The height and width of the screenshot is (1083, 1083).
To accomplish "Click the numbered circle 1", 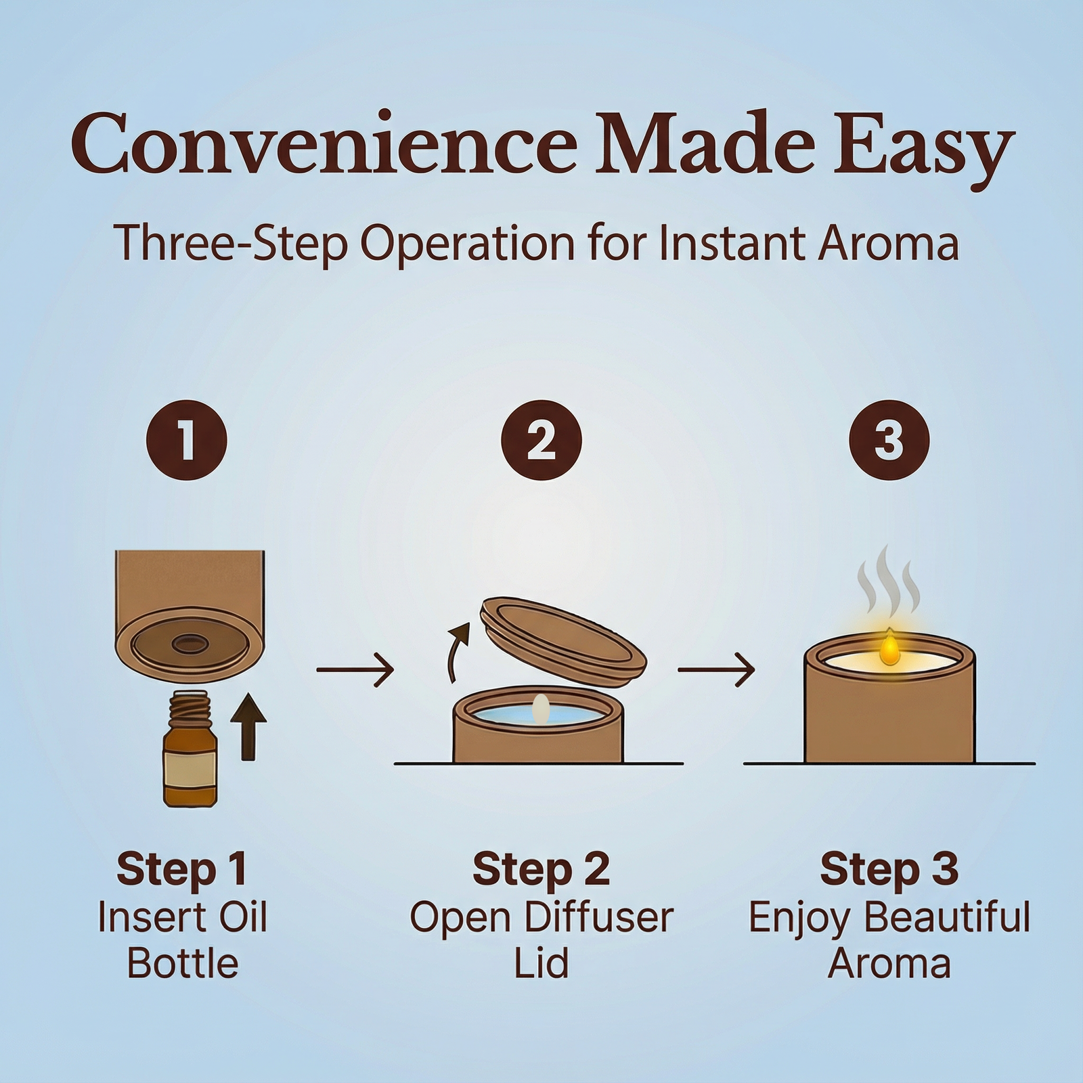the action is click(187, 440).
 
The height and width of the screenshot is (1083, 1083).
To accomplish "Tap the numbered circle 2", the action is click(541, 440).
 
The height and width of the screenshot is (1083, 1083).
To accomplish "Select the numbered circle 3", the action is click(889, 440).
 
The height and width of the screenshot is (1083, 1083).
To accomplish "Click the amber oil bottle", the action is click(190, 747).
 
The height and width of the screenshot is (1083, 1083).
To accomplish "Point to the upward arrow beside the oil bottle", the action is click(248, 726).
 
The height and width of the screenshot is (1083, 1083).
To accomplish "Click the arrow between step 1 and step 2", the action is click(355, 669).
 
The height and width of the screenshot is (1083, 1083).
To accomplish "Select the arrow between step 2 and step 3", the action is click(716, 669).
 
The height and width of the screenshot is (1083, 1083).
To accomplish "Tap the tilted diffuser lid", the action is click(562, 632).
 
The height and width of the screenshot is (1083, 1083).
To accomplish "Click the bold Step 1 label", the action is click(181, 870).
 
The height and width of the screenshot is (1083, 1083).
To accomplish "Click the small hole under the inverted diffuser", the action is click(190, 642).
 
